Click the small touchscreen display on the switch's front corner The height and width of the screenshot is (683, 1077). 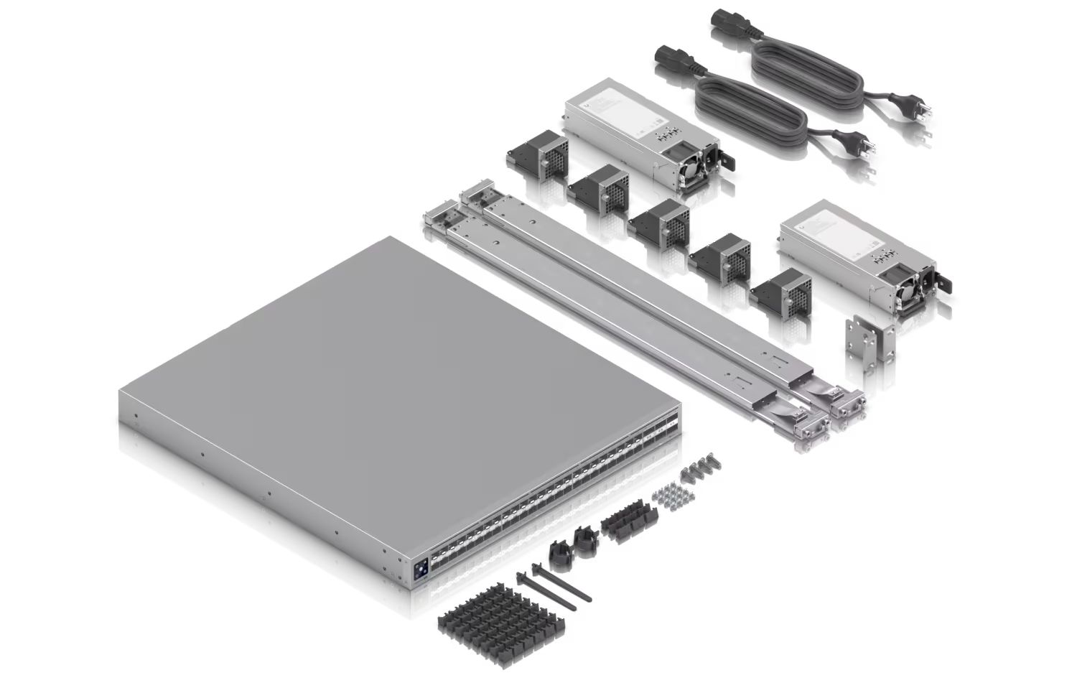[x=419, y=567]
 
